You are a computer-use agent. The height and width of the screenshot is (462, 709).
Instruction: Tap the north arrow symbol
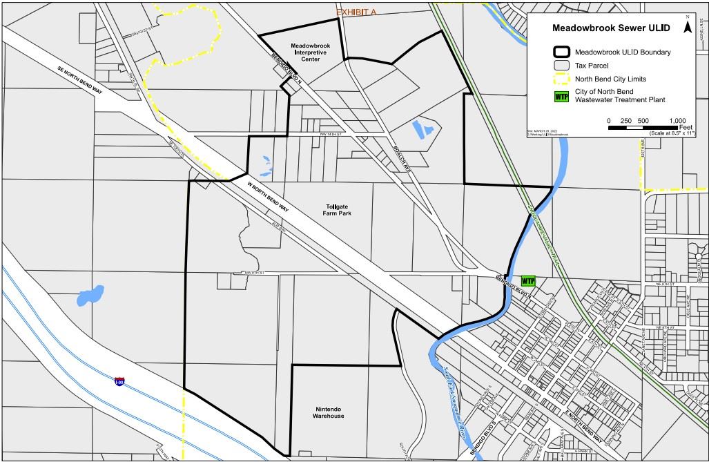pyautogui.click(x=687, y=26)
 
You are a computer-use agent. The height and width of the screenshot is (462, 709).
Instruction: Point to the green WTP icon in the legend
pyautogui.click(x=561, y=96)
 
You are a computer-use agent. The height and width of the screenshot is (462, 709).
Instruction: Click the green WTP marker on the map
pyautogui.click(x=527, y=281)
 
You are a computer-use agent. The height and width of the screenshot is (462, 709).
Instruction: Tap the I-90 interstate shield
pyautogui.click(x=121, y=381)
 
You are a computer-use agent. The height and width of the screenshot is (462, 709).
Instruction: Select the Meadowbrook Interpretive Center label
pyautogui.click(x=311, y=52)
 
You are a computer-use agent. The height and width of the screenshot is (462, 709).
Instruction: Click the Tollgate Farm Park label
pyautogui.click(x=338, y=210)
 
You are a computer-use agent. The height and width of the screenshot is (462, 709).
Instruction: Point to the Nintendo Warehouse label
pyautogui.click(x=329, y=412)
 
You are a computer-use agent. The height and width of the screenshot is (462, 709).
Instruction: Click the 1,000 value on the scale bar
pyautogui.click(x=677, y=121)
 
